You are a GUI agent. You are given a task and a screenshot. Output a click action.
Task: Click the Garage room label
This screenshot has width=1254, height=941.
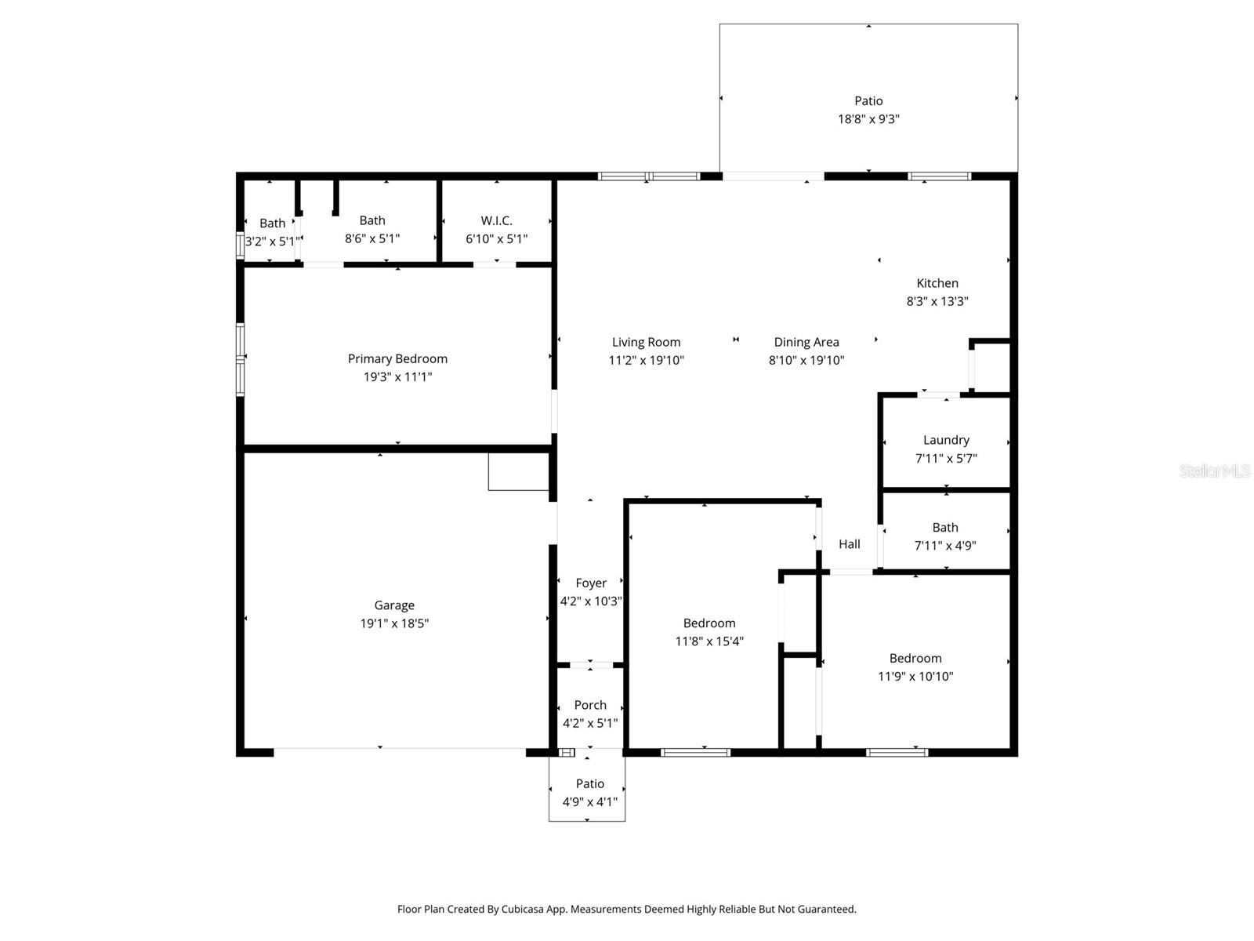[x=394, y=605]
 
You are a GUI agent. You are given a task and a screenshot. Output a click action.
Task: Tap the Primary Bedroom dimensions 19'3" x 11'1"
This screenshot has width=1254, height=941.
[x=397, y=377]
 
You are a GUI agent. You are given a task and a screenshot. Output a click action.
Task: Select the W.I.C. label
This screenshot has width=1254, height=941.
[x=497, y=221]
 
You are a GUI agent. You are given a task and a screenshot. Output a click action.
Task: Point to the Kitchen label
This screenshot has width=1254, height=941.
[x=937, y=283]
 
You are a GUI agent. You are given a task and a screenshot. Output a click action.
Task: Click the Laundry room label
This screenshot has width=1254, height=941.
[x=946, y=440]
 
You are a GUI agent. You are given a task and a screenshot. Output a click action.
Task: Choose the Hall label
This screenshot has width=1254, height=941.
[x=850, y=544]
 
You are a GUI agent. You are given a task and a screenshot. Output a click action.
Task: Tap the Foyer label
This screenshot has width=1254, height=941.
[x=591, y=583]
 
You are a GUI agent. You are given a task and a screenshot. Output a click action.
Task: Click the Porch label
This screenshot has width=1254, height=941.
[x=590, y=705]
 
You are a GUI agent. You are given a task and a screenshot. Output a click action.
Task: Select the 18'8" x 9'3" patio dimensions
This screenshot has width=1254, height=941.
[x=868, y=119]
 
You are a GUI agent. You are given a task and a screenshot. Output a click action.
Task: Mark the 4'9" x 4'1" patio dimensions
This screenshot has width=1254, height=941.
[x=590, y=802]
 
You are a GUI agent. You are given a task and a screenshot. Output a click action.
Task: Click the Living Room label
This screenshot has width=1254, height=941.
[x=646, y=342]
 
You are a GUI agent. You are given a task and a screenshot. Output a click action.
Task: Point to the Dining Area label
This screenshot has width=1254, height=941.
[x=806, y=342]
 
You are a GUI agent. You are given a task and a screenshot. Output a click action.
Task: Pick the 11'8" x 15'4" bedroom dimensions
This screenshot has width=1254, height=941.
[x=709, y=641]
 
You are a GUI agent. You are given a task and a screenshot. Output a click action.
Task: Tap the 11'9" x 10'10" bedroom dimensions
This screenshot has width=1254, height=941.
[x=915, y=677]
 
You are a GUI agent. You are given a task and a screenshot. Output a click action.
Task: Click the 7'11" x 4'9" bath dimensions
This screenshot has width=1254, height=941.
[x=945, y=546]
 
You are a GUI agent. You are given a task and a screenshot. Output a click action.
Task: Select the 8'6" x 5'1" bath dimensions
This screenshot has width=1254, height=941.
[x=372, y=239]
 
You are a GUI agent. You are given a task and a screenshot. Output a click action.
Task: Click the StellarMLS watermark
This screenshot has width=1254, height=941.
[x=1215, y=471]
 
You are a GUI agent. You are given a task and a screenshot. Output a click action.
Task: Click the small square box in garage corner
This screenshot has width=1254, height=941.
[x=518, y=471]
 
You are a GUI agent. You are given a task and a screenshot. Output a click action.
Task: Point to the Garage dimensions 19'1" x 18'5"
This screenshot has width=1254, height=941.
[x=394, y=624]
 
